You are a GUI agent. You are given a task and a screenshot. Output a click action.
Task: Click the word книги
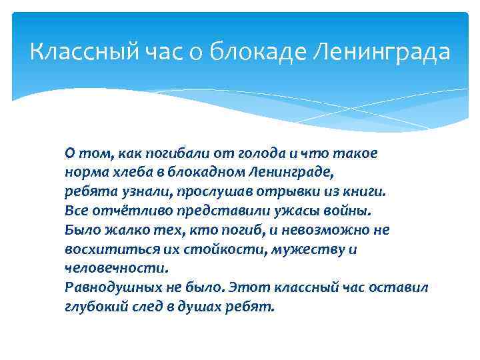point(366,191)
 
